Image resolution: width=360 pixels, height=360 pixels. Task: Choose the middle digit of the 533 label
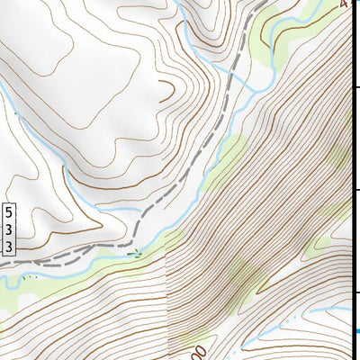click(x=9, y=229)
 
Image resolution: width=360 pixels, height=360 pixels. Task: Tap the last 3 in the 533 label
click(x=9, y=245)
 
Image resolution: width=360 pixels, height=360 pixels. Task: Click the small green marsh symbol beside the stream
click(x=134, y=253)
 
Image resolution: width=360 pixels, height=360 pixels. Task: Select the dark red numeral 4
click(x=344, y=4)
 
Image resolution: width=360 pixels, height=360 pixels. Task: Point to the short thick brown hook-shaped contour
click(x=168, y=88)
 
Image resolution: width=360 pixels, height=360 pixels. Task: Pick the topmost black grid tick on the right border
click(x=355, y=87)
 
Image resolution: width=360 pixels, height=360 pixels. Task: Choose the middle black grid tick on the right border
click(x=355, y=190)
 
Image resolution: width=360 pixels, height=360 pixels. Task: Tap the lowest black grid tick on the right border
click(x=355, y=292)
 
